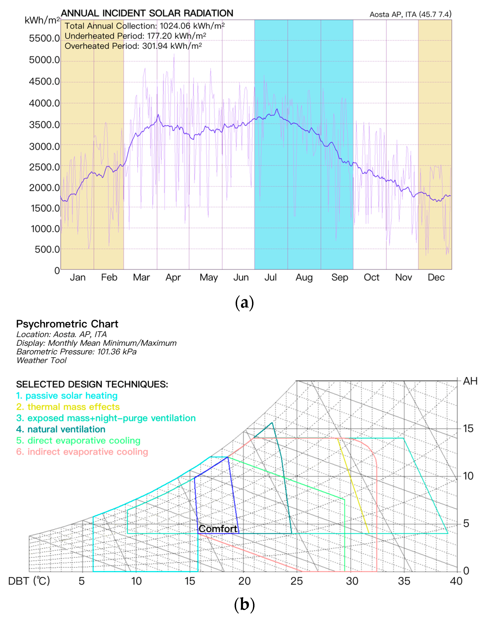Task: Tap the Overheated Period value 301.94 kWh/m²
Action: (172, 46)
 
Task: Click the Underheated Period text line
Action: (135, 36)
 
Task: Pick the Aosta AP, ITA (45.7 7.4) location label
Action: (410, 14)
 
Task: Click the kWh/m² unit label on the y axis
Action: (42, 20)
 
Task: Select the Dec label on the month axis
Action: (436, 277)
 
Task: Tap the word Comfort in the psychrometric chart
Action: (218, 529)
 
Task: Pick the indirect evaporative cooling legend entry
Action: (82, 452)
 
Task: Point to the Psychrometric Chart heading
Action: (67, 324)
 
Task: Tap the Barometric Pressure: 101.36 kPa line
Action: (76, 352)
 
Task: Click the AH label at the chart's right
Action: (470, 381)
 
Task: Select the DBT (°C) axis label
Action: (29, 581)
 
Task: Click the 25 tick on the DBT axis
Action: (296, 581)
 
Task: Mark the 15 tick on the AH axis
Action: (468, 428)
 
